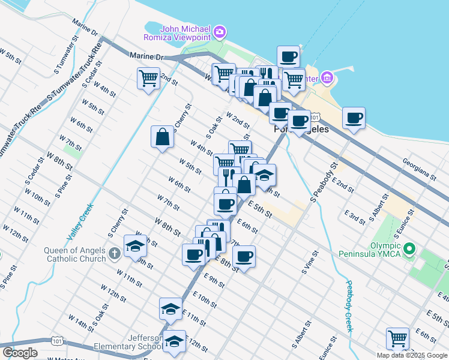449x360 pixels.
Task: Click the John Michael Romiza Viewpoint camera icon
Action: point(220,31)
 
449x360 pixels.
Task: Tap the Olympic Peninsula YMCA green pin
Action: point(410,248)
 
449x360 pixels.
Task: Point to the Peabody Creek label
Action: point(349,306)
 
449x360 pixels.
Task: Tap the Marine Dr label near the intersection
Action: point(146,55)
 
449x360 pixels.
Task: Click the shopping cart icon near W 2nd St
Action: point(148,77)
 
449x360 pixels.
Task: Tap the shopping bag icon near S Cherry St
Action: point(162,136)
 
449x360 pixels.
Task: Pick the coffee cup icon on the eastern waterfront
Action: point(354,118)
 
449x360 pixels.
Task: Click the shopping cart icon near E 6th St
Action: point(397,338)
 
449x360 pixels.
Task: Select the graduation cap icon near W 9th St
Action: point(135,245)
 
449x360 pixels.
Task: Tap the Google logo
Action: point(20,353)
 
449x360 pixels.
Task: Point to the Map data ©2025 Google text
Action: point(412,355)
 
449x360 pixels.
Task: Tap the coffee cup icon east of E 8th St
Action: point(244,257)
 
